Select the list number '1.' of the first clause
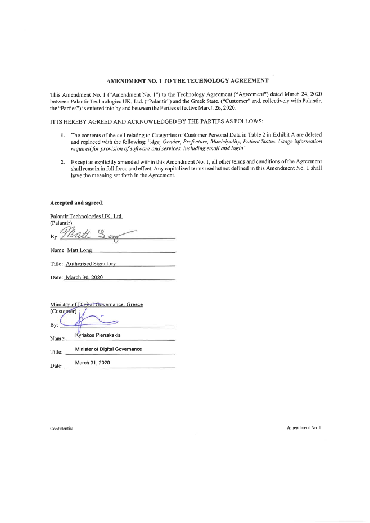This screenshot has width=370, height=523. point(62,136)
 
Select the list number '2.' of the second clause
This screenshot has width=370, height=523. point(62,161)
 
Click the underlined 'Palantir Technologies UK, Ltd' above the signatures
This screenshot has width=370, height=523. point(86,217)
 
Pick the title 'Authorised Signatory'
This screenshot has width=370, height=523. point(91,264)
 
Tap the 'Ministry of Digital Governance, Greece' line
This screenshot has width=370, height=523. point(96,304)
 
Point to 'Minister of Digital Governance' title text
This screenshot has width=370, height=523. point(108,349)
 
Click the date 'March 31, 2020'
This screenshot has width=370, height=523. point(92,363)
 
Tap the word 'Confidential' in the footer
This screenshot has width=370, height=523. point(62,429)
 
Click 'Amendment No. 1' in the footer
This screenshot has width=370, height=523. point(303,428)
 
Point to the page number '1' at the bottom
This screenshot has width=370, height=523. point(195,435)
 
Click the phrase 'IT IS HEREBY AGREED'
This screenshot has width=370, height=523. point(79,121)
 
